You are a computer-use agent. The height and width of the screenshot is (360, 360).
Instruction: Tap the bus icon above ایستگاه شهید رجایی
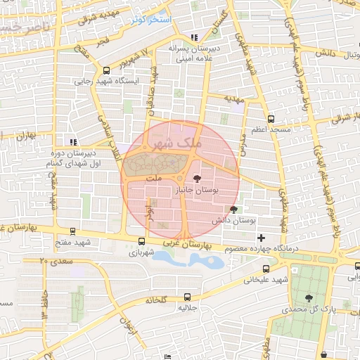pyautogui.click(x=106, y=70)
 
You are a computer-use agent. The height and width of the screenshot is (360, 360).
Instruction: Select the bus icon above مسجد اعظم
pyautogui.click(x=271, y=120)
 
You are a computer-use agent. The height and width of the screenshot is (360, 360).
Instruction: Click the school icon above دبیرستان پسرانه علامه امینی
pyautogui.click(x=194, y=37)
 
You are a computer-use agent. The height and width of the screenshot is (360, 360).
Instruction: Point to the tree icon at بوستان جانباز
pyautogui.click(x=196, y=179)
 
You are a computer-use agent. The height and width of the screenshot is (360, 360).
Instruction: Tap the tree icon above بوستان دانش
pyautogui.click(x=233, y=210)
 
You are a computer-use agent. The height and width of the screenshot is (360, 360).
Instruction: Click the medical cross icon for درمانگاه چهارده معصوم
pyautogui.click(x=261, y=238)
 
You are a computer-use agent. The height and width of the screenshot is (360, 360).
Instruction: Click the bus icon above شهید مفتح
pyautogui.click(x=73, y=231)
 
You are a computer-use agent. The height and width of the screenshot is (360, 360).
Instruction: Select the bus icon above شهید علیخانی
pyautogui.click(x=266, y=269)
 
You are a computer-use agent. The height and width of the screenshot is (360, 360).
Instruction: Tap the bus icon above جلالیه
pyautogui.click(x=186, y=297)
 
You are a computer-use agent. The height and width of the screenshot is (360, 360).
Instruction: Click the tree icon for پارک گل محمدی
pyautogui.click(x=309, y=299)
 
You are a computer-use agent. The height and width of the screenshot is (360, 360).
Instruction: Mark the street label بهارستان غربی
pyautogui.click(x=186, y=241)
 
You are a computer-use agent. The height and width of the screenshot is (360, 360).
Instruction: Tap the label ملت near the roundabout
pyautogui.click(x=155, y=179)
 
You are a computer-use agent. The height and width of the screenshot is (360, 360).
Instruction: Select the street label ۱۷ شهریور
pyautogui.click(x=136, y=58)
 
